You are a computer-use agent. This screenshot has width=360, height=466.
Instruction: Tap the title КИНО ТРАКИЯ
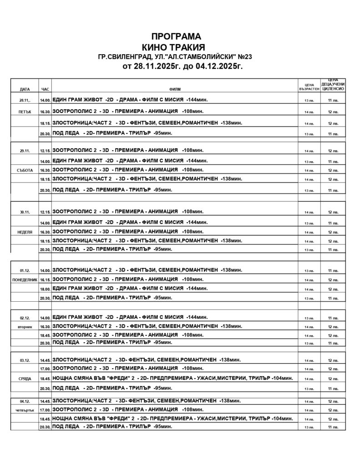click(174, 47)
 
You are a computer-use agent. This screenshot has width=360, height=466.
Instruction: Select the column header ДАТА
click(25, 89)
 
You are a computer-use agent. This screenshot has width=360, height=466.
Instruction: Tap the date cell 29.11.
click(25, 150)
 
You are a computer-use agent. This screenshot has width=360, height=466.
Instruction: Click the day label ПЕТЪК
click(25, 112)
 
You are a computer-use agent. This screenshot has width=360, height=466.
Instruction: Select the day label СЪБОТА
click(25, 170)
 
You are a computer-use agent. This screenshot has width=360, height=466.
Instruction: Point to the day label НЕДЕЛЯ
click(25, 232)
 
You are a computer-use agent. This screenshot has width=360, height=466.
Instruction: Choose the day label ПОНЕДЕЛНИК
click(25, 279)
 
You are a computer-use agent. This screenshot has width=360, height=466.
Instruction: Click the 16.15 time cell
click(45, 279)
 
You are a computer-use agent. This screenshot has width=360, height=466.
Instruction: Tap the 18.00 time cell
click(45, 289)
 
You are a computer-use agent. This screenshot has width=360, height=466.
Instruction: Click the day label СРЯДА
click(25, 379)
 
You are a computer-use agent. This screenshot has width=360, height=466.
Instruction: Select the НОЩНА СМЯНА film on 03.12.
click(171, 378)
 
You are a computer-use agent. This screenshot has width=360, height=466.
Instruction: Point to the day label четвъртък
click(25, 410)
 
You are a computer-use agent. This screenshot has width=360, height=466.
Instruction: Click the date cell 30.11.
click(25, 213)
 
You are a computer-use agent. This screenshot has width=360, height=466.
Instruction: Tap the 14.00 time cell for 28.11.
click(45, 100)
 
